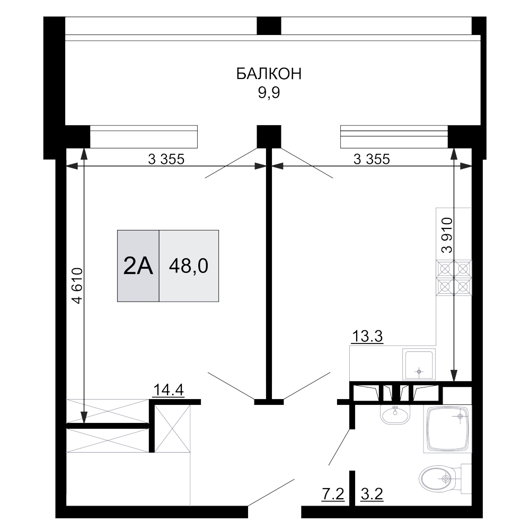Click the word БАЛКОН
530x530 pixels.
(x=269, y=74)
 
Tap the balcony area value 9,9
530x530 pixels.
(x=269, y=93)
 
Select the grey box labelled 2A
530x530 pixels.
(x=138, y=267)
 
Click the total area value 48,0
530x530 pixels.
(x=188, y=267)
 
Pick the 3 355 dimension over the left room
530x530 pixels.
(x=166, y=158)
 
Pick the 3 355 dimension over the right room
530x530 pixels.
(x=372, y=158)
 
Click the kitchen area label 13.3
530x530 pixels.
(x=367, y=336)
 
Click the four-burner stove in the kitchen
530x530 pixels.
(x=454, y=278)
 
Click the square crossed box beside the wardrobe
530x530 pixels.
(x=172, y=427)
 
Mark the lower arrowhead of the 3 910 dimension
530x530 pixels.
(x=454, y=376)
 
